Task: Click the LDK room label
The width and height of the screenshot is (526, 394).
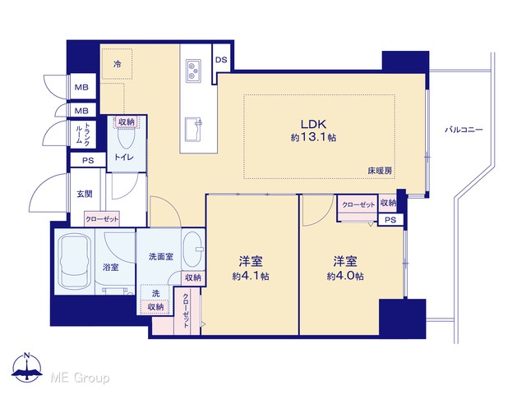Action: coord(313,124)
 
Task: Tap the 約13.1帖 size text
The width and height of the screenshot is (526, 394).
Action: coord(313,137)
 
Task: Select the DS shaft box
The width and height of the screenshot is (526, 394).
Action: coord(221,60)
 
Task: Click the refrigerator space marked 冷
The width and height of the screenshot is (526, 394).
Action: coord(117,64)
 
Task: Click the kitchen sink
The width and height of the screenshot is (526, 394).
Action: coord(193,130)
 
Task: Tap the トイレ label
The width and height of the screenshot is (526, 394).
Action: coord(124,157)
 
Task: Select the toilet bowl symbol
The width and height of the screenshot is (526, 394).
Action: coord(126,138)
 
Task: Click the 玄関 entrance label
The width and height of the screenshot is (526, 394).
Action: coord(85,194)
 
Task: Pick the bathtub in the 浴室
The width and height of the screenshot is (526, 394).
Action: coord(75,262)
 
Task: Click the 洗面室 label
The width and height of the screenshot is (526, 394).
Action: coord(161,257)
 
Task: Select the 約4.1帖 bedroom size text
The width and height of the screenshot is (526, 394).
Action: coord(251,276)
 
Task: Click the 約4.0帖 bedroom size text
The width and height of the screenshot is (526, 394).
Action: coord(345,276)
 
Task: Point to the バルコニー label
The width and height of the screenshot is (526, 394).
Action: coord(464,130)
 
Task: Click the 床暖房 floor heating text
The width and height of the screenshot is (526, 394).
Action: coord(380,171)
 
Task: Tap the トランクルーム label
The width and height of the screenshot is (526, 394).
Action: coord(82,133)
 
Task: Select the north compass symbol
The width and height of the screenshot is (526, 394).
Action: coord(27,367)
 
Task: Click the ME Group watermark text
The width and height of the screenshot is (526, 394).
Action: coord(80,378)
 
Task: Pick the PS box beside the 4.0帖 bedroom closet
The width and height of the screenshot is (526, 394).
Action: coord(390,220)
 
